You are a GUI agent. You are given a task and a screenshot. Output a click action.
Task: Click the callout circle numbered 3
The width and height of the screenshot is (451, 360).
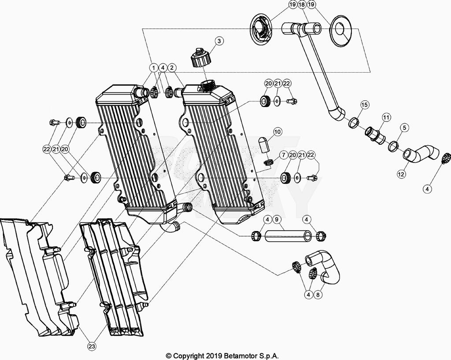tap(219, 41)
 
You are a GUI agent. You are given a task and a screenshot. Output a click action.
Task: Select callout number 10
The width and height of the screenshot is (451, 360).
tap(277, 132)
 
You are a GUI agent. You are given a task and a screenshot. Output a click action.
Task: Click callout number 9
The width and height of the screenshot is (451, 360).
tap(277, 219)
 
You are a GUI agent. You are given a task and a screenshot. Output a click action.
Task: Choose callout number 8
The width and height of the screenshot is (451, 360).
tap(317, 295)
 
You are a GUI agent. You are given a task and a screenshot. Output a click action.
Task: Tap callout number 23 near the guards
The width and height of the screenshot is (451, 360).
tap(92, 346)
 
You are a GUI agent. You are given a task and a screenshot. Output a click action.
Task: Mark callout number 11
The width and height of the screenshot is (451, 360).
tap(386, 118)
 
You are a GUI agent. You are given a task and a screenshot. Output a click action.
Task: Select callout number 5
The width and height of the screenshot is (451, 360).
tap(404, 128)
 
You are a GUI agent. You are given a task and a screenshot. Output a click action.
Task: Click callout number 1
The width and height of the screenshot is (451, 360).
tap(153, 68)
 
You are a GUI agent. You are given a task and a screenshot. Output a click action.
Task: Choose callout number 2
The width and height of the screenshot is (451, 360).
tap(172, 68)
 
